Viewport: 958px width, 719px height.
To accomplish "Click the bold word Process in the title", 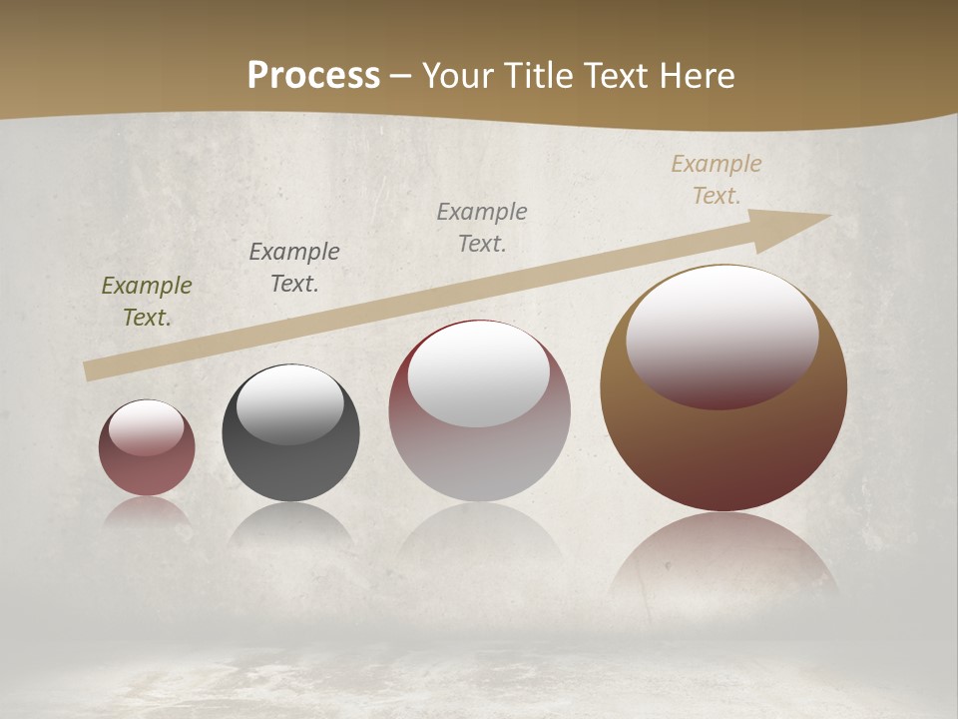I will tap(313, 76).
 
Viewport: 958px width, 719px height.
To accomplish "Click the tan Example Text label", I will tap(717, 180).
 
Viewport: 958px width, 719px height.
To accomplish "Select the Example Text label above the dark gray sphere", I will tap(294, 268).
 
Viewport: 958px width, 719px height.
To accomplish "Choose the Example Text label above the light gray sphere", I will tap(482, 227).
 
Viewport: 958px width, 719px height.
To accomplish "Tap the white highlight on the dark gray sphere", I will tap(290, 401).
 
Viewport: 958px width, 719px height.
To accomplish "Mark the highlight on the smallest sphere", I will tap(146, 427).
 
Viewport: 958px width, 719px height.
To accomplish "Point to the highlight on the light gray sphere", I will tap(478, 372).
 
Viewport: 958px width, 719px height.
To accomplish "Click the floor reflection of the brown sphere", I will tap(723, 559).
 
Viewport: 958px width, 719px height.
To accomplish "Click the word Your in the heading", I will tap(459, 76).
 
